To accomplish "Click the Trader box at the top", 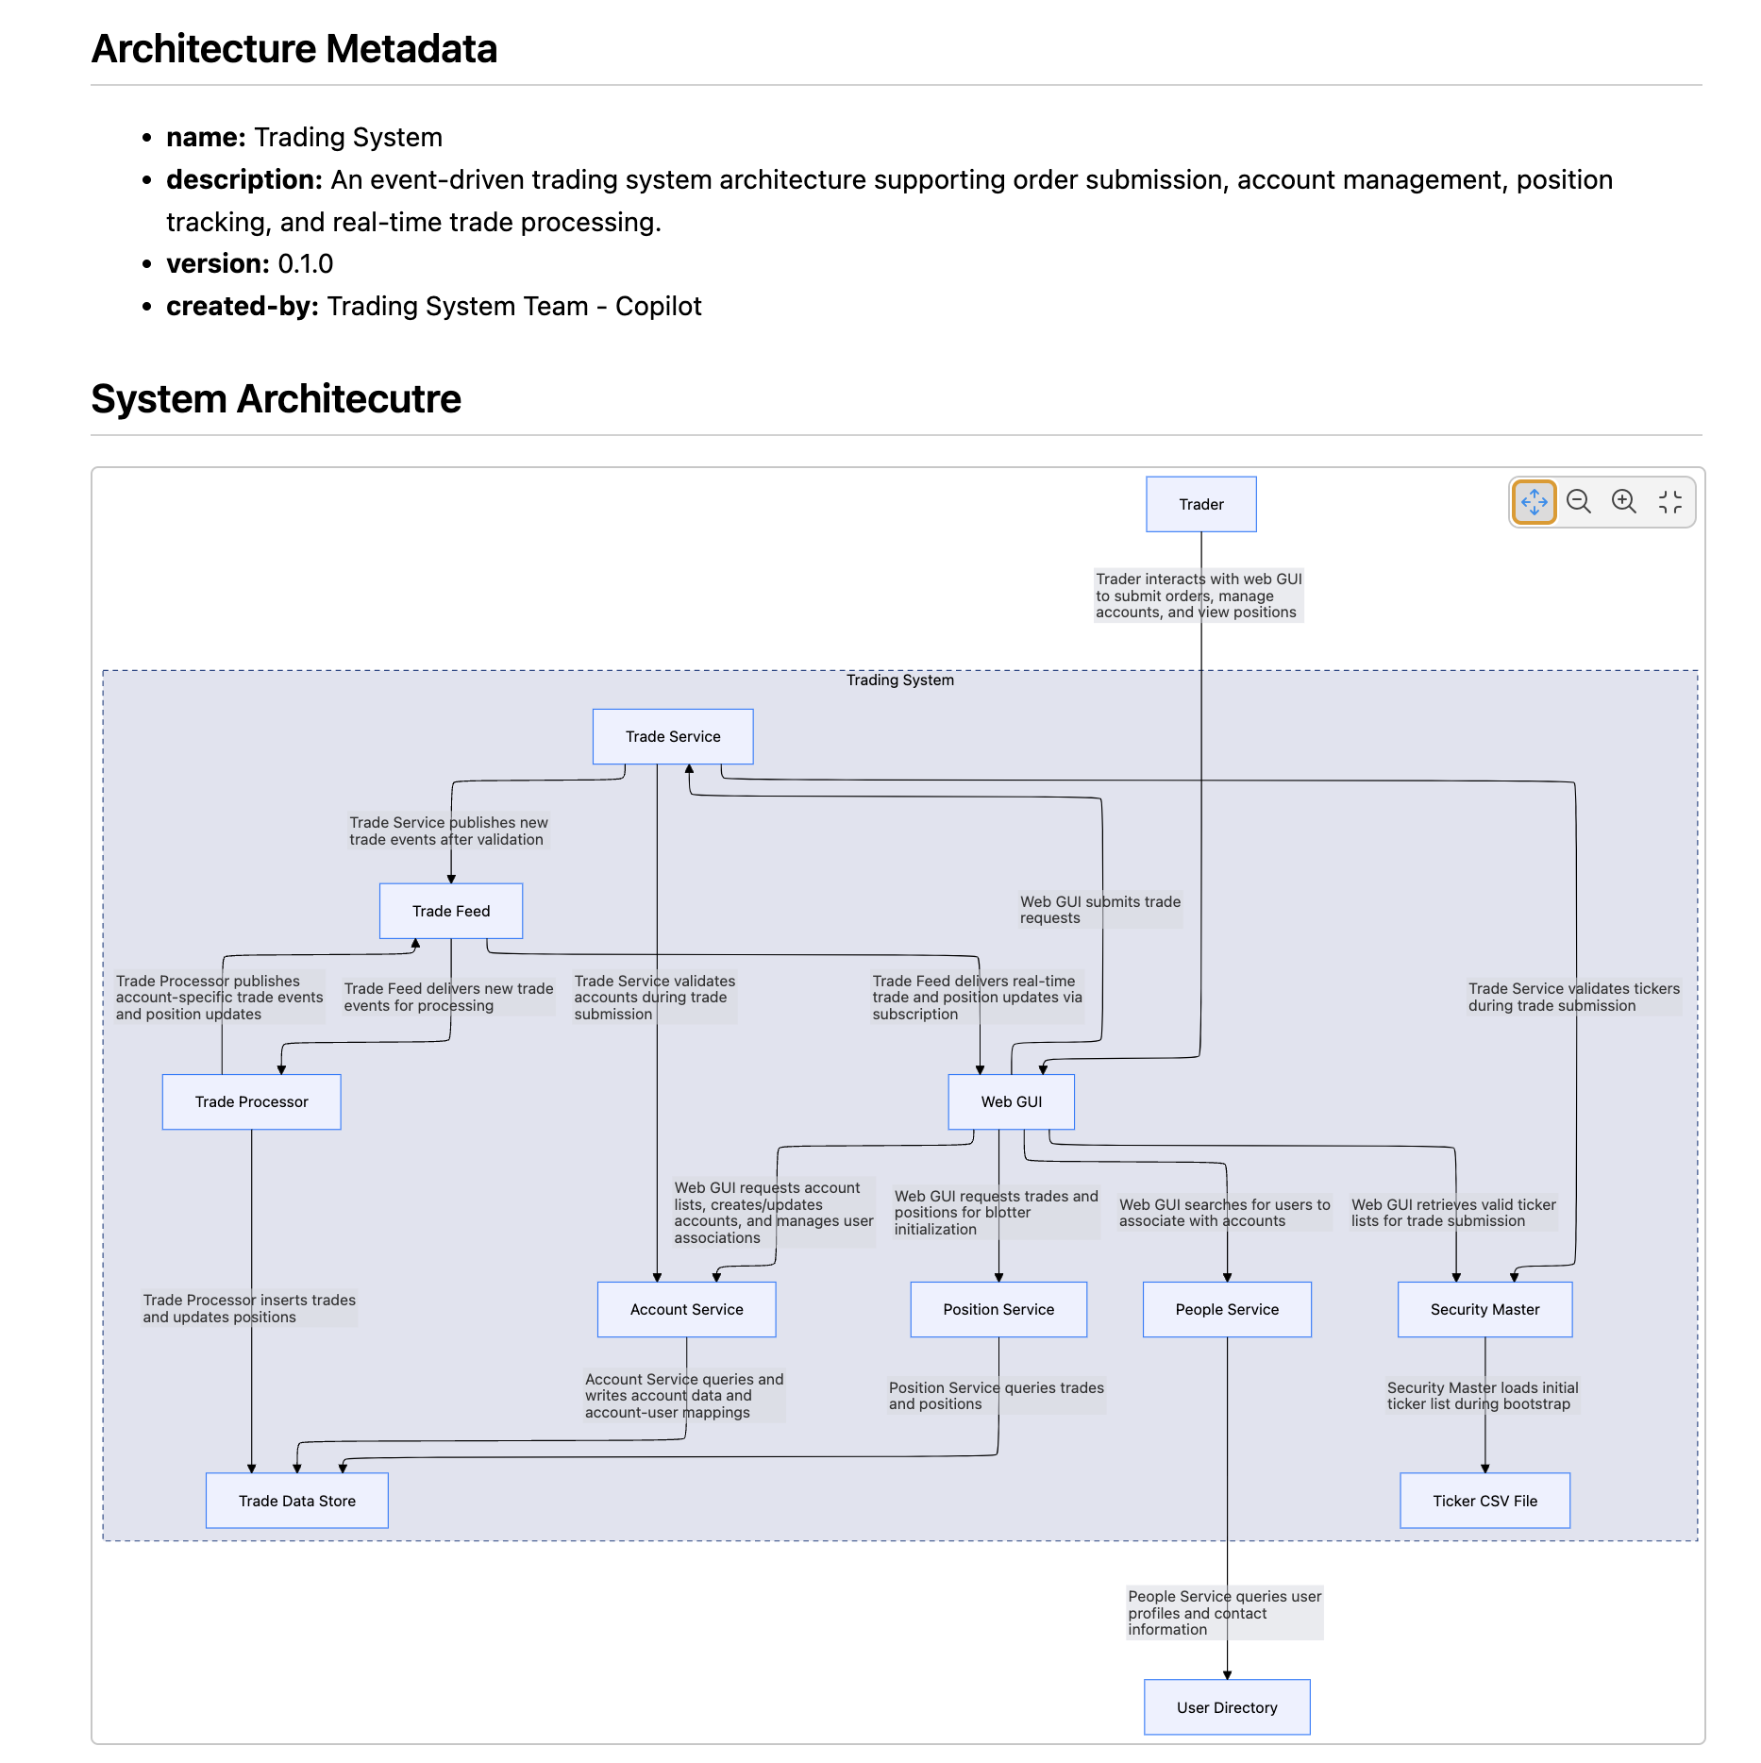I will tap(1200, 504).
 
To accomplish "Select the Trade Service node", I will tap(672, 736).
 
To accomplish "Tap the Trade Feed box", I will tap(450, 911).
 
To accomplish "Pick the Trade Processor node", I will tap(251, 1101).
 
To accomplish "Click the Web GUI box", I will tap(1011, 1101).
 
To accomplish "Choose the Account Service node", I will tap(686, 1309).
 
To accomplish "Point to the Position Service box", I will tap(998, 1309).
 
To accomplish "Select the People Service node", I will tap(1227, 1309).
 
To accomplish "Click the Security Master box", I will tap(1484, 1309).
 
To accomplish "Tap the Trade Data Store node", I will tap(296, 1501).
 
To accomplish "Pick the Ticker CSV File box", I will tap(1484, 1501).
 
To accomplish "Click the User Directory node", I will tap(1227, 1707).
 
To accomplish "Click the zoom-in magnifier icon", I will tap(1623, 501).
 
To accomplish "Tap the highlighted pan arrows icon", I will tap(1534, 501).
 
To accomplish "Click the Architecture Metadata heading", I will tap(293, 49).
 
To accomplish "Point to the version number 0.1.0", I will tap(305, 263).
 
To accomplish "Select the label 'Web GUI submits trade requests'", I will tap(1099, 910).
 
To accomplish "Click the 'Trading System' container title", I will tap(899, 680).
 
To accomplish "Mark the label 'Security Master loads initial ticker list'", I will tap(1482, 1395).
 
